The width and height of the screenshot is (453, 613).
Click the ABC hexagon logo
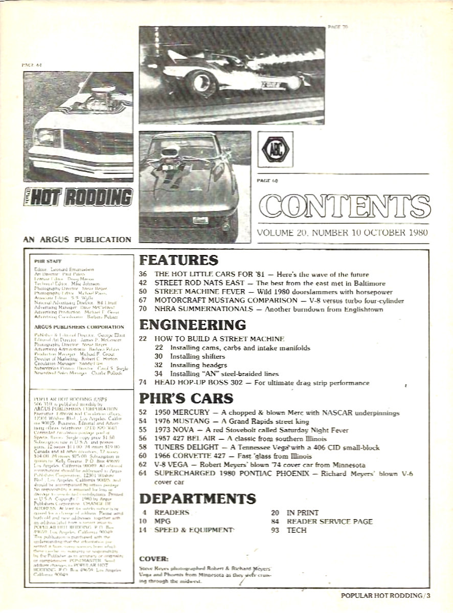(x=275, y=149)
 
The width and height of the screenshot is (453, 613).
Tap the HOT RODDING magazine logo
(x=78, y=196)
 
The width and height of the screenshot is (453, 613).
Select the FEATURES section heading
(x=178, y=260)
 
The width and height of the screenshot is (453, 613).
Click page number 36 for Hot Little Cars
(x=143, y=274)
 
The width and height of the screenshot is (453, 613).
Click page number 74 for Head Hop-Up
(x=143, y=383)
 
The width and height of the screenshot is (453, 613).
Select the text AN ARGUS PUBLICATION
(x=77, y=239)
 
